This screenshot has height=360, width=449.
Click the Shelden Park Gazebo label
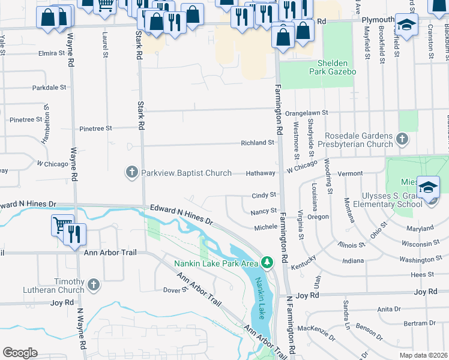click(325, 67)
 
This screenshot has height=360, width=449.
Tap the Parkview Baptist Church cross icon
click(132, 173)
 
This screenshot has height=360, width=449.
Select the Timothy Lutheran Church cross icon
click(93, 284)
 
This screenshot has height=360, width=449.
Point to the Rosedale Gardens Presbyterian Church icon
click(402, 140)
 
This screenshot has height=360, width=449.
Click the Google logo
click(20, 353)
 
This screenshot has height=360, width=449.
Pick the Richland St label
click(257, 143)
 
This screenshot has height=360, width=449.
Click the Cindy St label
click(264, 195)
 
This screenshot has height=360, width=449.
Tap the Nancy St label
click(264, 211)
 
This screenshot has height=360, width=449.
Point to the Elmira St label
click(52, 53)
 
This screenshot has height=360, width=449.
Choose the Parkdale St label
click(49, 87)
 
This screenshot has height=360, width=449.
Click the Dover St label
click(176, 290)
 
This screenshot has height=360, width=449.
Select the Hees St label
click(423, 274)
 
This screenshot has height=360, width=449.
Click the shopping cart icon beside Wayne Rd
click(62, 224)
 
